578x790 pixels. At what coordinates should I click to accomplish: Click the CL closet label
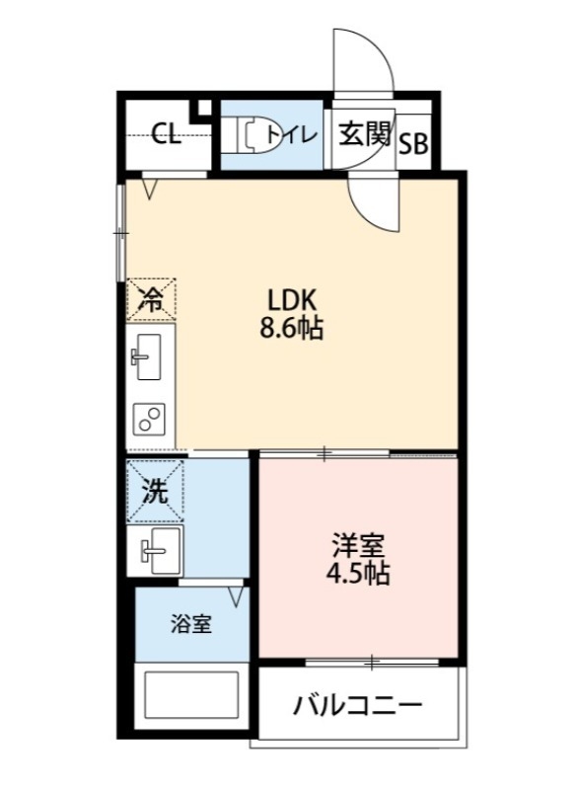(x=167, y=134)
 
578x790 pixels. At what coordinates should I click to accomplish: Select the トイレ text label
(x=291, y=134)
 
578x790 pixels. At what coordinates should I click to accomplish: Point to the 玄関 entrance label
(x=365, y=134)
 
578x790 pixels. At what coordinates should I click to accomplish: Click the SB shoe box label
(x=413, y=144)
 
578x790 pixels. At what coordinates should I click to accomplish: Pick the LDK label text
(x=292, y=301)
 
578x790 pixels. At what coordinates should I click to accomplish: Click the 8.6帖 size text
(x=291, y=328)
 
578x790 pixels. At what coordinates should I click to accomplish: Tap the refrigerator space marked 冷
(x=151, y=299)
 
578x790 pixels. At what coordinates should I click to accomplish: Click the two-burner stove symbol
(x=149, y=419)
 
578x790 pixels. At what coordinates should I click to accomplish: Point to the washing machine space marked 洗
(x=155, y=491)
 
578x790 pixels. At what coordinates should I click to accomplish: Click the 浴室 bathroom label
(x=190, y=624)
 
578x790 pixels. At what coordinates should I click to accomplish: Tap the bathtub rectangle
(x=191, y=697)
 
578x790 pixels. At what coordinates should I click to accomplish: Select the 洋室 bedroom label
(x=358, y=545)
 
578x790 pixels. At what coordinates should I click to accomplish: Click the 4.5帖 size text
(x=358, y=573)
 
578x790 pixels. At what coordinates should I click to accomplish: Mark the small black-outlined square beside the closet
(x=204, y=108)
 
